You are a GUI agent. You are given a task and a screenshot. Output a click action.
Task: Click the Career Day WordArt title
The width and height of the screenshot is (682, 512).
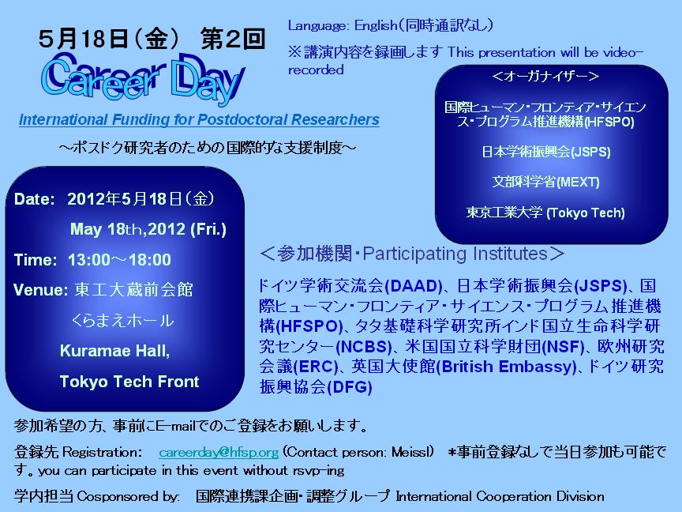coord(144,78)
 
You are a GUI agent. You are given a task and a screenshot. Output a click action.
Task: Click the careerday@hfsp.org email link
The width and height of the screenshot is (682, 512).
coord(219,453)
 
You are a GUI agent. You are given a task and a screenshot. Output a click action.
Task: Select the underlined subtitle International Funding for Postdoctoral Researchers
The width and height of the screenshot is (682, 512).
coord(199,119)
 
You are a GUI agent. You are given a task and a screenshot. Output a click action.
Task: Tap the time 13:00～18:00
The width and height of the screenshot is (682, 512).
coord(119,260)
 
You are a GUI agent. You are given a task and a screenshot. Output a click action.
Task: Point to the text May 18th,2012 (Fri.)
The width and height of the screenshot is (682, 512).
coord(148,229)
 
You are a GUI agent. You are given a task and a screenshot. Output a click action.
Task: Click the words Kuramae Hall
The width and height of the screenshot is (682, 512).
coord(114,351)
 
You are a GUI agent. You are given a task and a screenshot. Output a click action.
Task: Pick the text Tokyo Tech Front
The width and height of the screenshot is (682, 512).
coord(129,382)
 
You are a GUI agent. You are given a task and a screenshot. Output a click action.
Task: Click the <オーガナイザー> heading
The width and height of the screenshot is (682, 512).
coord(545,76)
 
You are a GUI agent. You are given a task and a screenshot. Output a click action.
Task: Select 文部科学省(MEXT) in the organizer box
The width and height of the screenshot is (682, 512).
coord(546,182)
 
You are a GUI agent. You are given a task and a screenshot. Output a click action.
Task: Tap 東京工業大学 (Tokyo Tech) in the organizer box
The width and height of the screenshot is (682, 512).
coord(545,213)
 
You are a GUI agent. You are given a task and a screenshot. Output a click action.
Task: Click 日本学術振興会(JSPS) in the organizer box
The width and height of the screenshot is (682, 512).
coord(546,152)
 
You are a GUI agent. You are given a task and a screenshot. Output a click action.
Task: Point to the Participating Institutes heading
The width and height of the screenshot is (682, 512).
coord(411,254)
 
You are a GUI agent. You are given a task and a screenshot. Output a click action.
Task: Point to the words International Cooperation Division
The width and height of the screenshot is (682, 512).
coord(500,496)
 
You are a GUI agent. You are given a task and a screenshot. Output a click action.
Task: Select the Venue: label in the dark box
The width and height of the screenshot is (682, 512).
coord(40,289)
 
